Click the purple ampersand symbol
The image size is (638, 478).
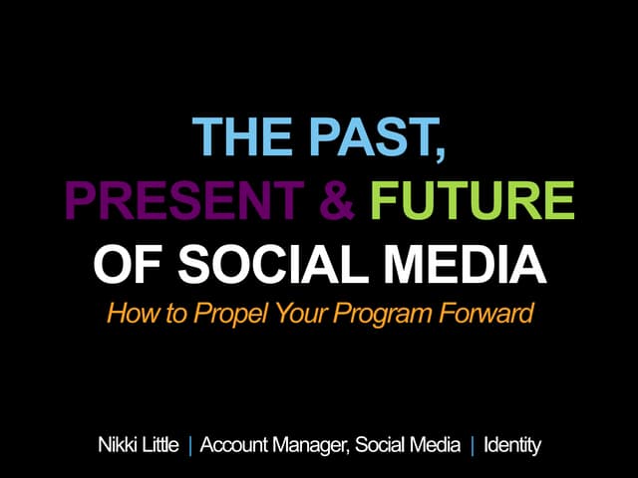pyautogui.click(x=340, y=203)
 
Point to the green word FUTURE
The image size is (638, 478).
pyautogui.click(x=472, y=203)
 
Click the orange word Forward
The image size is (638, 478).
pyautogui.click(x=479, y=315)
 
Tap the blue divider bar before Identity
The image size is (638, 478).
pyautogui.click(x=473, y=445)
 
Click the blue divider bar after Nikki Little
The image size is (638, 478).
pyautogui.click(x=190, y=445)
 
